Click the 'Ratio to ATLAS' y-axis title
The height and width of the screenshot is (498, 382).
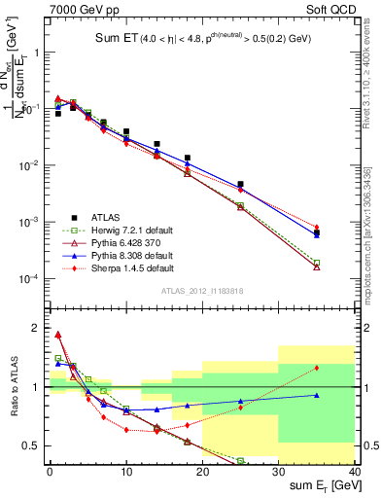(x=13, y=386)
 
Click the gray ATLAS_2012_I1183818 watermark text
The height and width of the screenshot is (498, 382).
(x=201, y=291)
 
